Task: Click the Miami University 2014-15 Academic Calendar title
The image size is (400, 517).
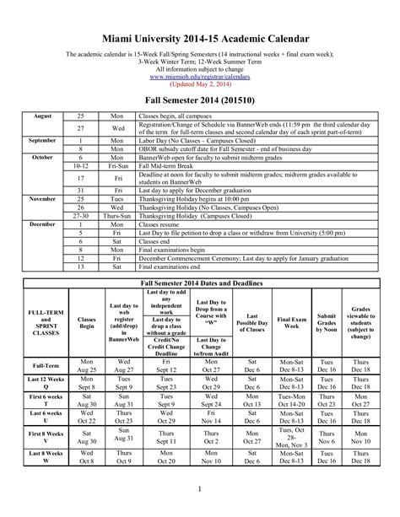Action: click(200, 39)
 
